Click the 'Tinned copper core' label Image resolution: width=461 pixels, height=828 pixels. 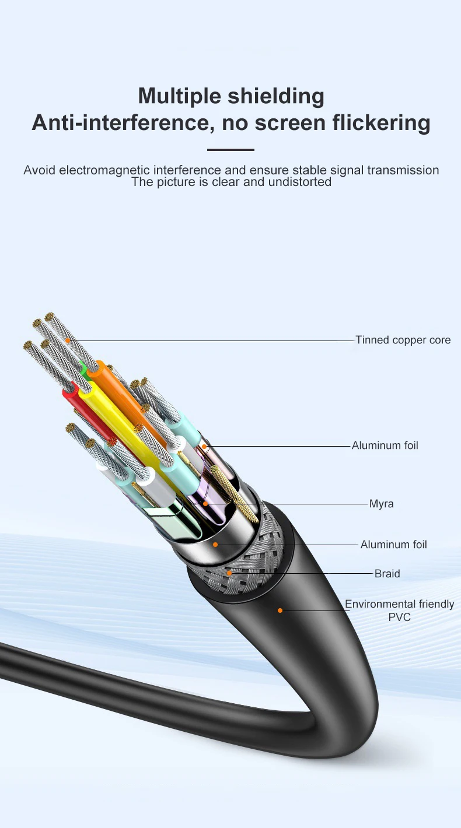[x=403, y=340]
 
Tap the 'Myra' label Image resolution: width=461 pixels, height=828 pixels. [x=382, y=504]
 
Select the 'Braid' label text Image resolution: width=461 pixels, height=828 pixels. [x=387, y=574]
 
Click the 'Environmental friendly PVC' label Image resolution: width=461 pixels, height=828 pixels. [x=400, y=611]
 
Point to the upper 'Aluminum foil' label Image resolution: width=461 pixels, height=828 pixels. [x=385, y=445]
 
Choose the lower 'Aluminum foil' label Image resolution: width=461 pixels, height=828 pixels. [x=394, y=545]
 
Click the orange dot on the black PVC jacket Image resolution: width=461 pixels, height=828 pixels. [x=280, y=611]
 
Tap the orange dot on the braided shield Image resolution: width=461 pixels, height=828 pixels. [x=229, y=573]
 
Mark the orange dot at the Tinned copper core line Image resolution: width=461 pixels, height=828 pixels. [x=68, y=341]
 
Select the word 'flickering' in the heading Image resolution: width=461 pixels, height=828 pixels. [x=381, y=122]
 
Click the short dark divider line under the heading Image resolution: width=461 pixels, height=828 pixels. [x=230, y=150]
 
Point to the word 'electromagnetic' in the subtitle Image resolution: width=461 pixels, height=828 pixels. [x=104, y=170]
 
